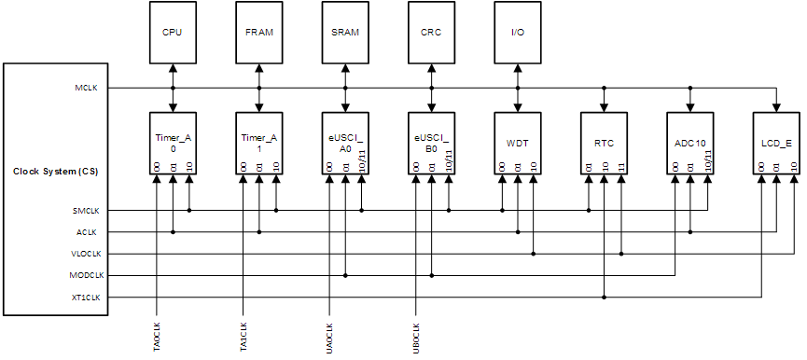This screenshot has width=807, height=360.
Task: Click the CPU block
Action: point(173,33)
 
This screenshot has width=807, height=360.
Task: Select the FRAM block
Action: point(258,33)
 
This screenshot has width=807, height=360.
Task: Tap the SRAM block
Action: point(345,33)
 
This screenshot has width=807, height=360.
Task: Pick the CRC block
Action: point(431,33)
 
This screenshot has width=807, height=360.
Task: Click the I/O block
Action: point(517,33)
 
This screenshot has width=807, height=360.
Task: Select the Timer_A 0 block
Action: point(173,143)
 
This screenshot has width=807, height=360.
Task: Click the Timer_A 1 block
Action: point(258,143)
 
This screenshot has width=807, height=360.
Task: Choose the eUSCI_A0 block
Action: point(345,143)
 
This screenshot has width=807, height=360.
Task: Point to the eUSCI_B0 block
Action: point(431,143)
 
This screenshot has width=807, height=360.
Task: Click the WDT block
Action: point(517,143)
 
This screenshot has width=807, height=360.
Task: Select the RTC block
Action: point(604,143)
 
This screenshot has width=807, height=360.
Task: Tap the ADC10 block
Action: point(689,143)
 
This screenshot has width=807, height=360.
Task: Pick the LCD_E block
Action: point(776,143)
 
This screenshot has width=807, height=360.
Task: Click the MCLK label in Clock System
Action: point(86,88)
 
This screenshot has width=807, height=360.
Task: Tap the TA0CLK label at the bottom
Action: point(155,338)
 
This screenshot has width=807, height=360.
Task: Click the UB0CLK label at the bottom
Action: point(415,338)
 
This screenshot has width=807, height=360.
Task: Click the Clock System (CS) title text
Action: point(55,171)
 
